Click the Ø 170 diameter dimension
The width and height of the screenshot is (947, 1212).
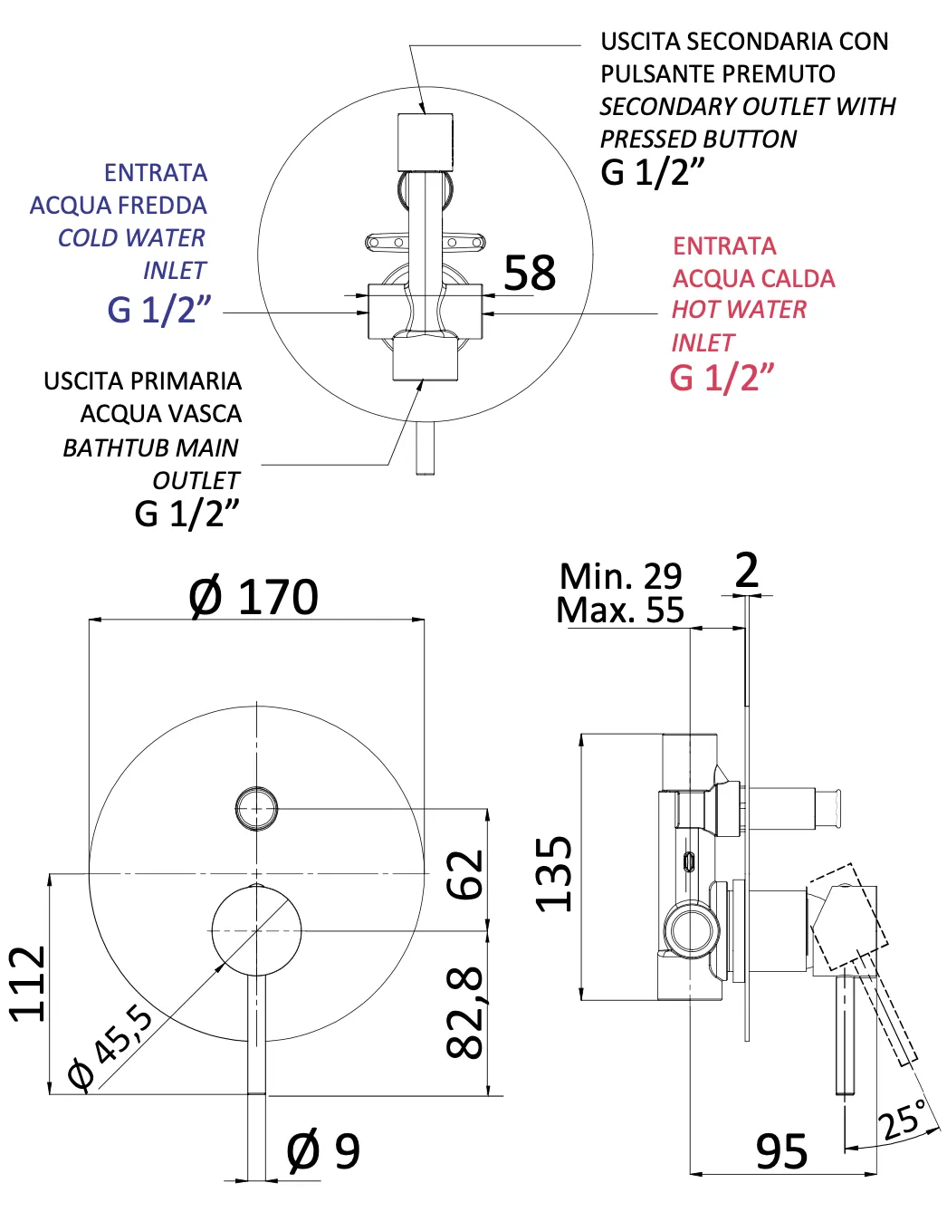coord(253,597)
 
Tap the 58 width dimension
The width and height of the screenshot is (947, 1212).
coord(530,273)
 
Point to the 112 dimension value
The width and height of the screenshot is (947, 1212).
coord(27,984)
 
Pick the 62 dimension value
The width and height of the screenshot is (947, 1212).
coord(466,873)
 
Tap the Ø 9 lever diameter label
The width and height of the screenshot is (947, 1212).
coord(323,1151)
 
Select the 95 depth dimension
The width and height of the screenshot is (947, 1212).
coord(781,1152)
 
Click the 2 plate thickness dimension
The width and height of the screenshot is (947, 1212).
coord(747,571)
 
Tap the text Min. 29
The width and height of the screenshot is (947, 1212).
coord(620,576)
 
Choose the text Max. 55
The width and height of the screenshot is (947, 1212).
coord(620,611)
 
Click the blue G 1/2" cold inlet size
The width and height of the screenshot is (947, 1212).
coord(158,310)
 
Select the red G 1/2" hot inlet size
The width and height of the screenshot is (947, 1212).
coord(722,378)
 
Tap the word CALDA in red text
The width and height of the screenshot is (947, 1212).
coord(798,278)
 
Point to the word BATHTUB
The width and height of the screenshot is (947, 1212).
coord(104,448)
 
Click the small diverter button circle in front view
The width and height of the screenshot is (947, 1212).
coord(256,808)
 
